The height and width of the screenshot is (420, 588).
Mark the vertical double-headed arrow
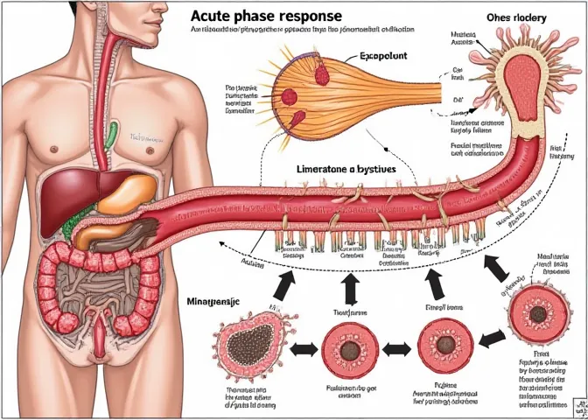(x=351, y=288)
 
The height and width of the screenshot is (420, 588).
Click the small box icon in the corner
(x=578, y=408)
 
